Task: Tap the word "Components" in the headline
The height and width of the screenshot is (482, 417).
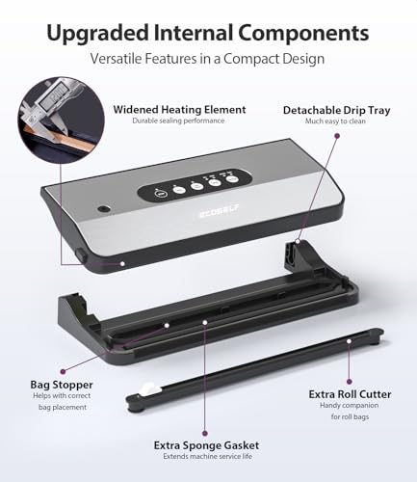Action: pyautogui.click(x=305, y=33)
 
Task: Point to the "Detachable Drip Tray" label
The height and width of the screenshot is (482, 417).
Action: pyautogui.click(x=336, y=110)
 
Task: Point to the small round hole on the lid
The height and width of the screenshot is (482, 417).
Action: pyautogui.click(x=103, y=208)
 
